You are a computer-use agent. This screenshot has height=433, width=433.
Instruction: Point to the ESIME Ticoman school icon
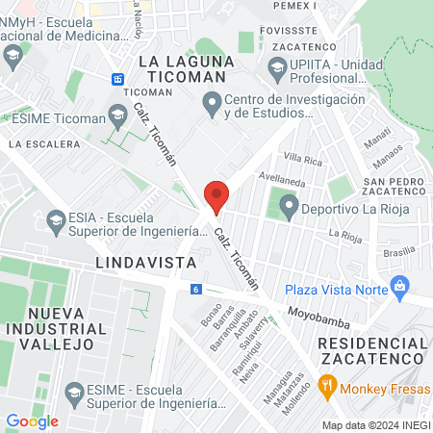tap(117, 117)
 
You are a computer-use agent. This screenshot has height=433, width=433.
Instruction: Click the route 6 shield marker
tap(195, 289)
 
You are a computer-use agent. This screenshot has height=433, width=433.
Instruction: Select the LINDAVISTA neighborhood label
tap(146, 262)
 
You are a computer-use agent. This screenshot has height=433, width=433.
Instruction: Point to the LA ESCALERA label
tap(43, 143)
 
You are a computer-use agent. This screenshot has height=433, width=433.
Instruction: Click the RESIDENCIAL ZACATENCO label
tap(370, 350)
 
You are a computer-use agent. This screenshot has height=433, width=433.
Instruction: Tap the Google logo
tap(33, 420)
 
